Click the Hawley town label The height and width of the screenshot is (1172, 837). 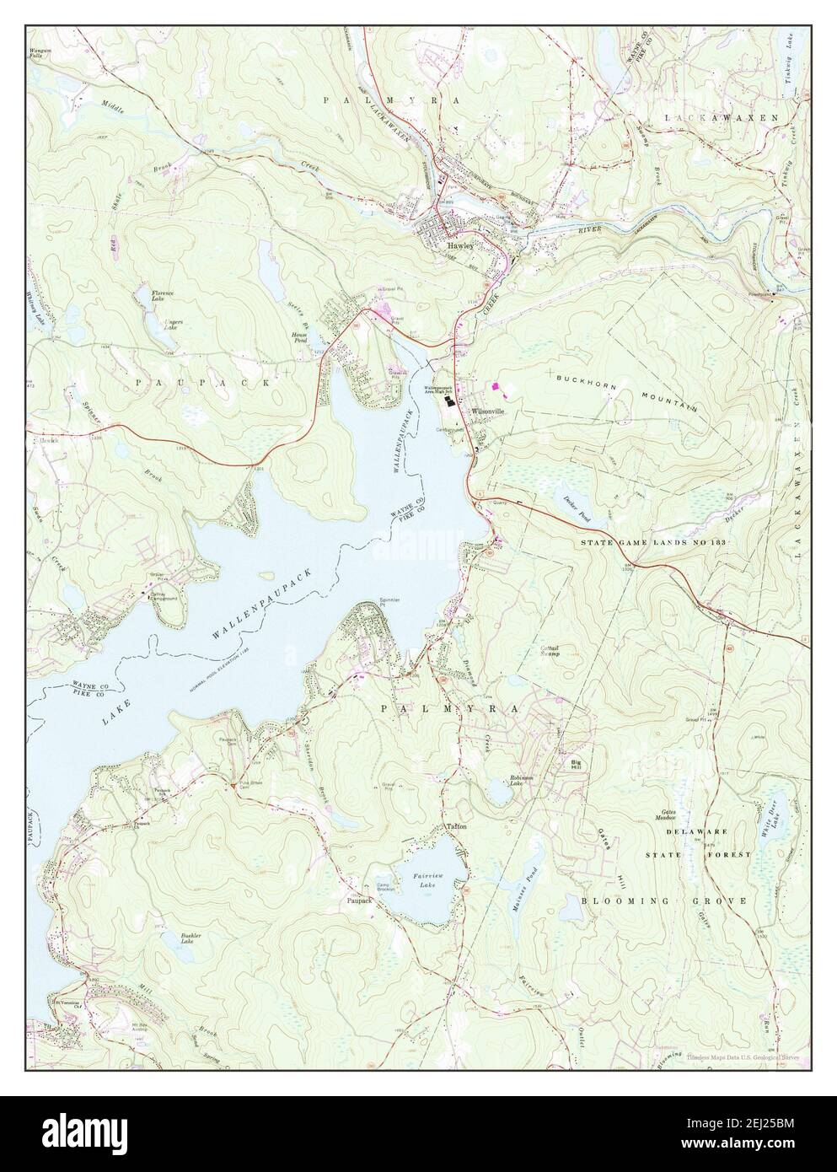click(459, 245)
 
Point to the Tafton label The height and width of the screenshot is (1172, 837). click(456, 826)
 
